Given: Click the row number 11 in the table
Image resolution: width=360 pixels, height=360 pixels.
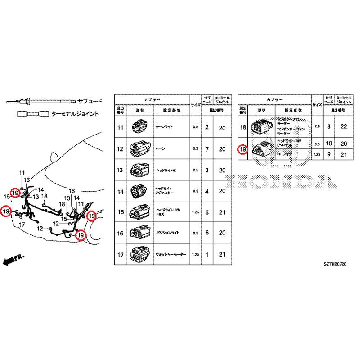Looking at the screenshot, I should [x=120, y=127].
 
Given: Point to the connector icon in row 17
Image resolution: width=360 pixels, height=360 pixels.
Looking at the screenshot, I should [x=137, y=255].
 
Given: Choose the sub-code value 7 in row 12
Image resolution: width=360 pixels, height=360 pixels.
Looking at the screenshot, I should [x=207, y=149].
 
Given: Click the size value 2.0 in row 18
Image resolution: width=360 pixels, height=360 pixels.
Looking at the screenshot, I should [x=317, y=127].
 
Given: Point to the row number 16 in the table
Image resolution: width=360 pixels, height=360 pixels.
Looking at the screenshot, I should [x=120, y=234].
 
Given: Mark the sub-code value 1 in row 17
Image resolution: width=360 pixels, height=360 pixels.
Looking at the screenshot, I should [x=207, y=255].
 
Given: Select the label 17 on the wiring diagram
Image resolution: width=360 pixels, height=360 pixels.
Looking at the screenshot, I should [x=21, y=224].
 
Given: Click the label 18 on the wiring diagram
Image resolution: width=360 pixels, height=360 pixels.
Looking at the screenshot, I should [x=45, y=196].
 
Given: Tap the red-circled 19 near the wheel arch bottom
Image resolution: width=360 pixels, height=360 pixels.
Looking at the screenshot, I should [x=81, y=235].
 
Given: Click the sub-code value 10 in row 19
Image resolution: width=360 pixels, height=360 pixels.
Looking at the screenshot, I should [x=329, y=144].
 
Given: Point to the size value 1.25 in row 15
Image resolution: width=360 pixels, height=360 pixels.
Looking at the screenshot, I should [x=195, y=213].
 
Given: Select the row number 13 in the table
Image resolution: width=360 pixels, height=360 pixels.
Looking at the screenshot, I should [x=120, y=170].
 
